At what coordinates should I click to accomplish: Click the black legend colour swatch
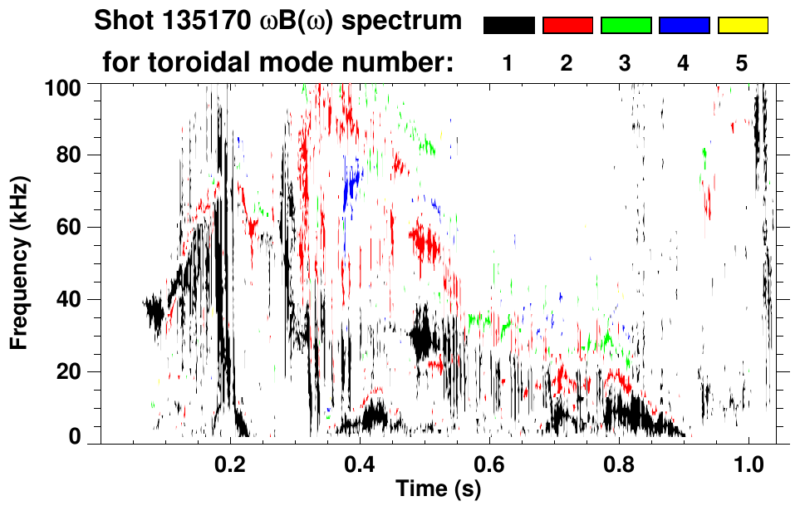pyautogui.click(x=509, y=26)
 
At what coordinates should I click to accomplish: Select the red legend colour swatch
pyautogui.click(x=567, y=26)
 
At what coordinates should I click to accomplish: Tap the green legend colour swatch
pyautogui.click(x=626, y=26)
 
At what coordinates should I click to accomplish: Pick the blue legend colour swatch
pyautogui.click(x=684, y=26)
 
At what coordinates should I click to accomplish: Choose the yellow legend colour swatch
pyautogui.click(x=742, y=26)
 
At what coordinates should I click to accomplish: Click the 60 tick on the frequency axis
pyautogui.click(x=77, y=227)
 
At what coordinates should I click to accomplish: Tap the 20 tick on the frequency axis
pyautogui.click(x=77, y=371)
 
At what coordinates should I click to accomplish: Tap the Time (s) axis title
pyautogui.click(x=437, y=490)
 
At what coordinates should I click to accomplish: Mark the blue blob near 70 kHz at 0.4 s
pyautogui.click(x=353, y=184)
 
